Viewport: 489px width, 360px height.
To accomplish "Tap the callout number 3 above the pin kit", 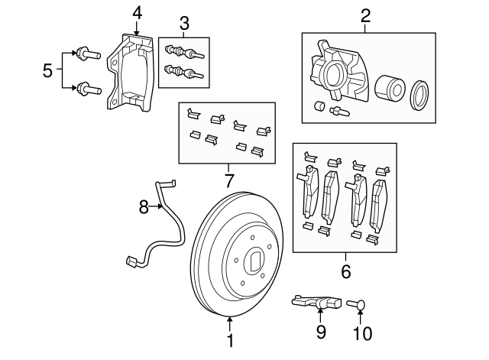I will click(x=183, y=21).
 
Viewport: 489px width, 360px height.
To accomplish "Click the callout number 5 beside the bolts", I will click(x=48, y=71).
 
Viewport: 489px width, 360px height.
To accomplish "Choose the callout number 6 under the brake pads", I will click(x=345, y=271).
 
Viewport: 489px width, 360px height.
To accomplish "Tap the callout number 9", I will click(x=321, y=332).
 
